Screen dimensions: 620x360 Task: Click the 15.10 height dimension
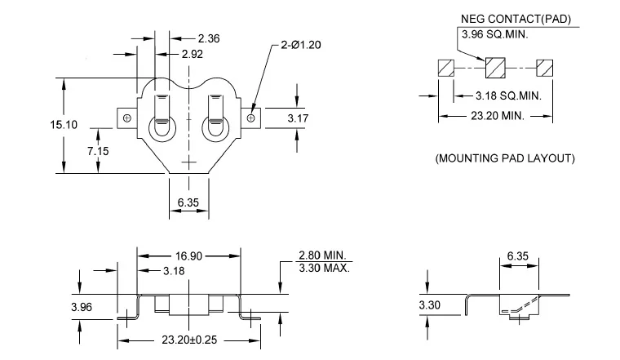[64, 125]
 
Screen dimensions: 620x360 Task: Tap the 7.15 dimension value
[98, 151]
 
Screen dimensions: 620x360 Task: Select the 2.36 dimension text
[208, 38]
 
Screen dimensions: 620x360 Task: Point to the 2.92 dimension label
[193, 54]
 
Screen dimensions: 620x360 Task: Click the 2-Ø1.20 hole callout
[301, 45]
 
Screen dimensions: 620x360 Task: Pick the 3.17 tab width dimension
[298, 118]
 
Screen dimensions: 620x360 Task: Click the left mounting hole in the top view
[127, 118]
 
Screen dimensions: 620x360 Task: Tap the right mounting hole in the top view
[250, 118]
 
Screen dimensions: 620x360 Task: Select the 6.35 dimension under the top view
[188, 202]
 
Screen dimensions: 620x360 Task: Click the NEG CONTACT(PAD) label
[516, 19]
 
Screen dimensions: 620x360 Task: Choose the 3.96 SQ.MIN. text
[494, 34]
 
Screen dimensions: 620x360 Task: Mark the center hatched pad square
[495, 68]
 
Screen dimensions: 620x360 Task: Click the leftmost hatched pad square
[446, 68]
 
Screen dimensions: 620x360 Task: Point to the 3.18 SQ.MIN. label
[508, 96]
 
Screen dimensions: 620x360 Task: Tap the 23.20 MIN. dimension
[498, 116]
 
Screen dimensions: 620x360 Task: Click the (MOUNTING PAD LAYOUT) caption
[505, 158]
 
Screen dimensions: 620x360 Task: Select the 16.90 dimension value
[188, 256]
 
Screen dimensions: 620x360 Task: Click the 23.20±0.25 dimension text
[189, 340]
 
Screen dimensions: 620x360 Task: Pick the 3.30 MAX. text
[324, 268]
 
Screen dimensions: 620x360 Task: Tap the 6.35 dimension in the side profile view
[517, 256]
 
